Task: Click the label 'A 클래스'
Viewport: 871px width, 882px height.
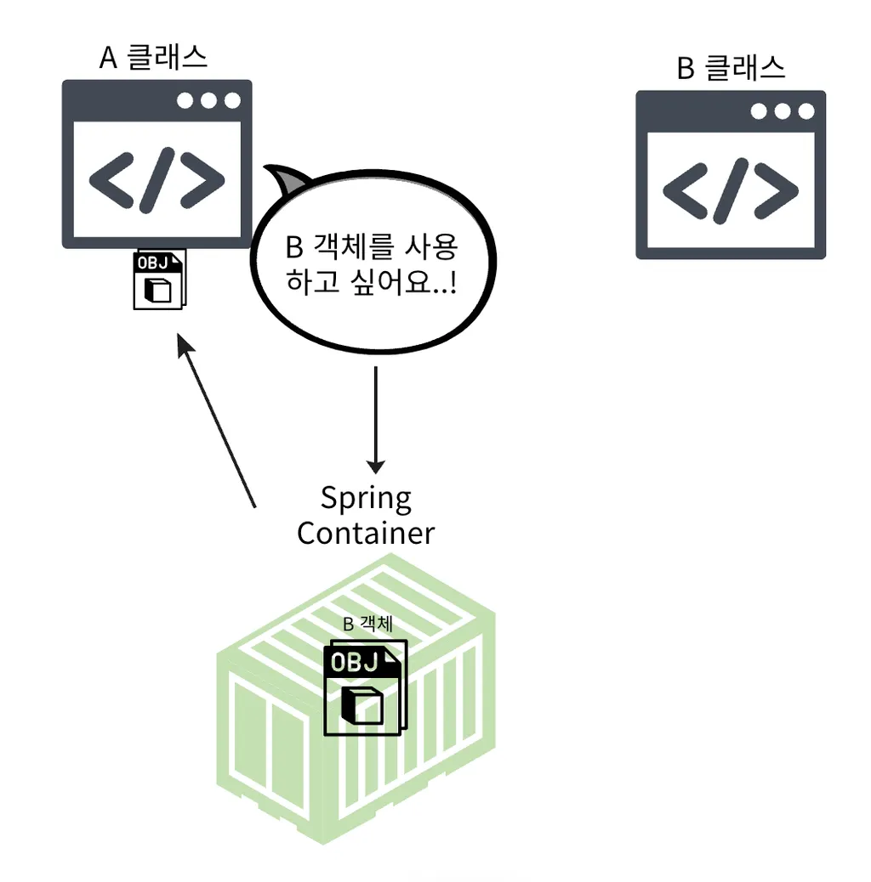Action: point(153,57)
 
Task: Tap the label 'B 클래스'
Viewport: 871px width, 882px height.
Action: point(731,68)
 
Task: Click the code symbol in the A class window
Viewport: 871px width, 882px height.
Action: point(157,181)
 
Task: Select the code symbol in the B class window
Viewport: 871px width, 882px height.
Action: point(730,189)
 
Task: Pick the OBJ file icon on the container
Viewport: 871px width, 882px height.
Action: point(365,687)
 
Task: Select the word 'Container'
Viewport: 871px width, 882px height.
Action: point(366,533)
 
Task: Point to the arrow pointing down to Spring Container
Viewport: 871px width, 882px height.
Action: point(375,421)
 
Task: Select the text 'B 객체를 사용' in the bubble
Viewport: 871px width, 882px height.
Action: point(372,248)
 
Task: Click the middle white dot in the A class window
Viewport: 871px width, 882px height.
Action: point(209,100)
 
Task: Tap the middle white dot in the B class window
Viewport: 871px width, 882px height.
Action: point(783,111)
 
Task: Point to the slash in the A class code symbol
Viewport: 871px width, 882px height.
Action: point(157,181)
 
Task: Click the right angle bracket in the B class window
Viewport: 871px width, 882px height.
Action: point(776,189)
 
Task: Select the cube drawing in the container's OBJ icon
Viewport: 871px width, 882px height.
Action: point(362,704)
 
